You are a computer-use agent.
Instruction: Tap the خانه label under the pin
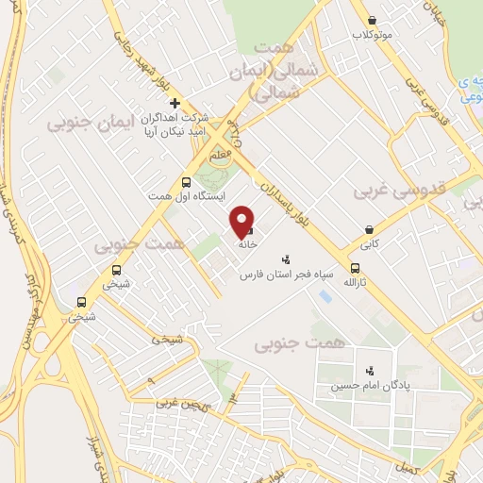(248, 243)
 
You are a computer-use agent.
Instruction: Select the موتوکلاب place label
(372, 35)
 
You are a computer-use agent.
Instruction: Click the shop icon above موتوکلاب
(372, 20)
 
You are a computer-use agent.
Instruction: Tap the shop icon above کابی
(370, 228)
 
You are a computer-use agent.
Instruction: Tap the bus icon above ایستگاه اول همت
(186, 181)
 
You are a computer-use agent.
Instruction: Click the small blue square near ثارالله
(325, 296)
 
